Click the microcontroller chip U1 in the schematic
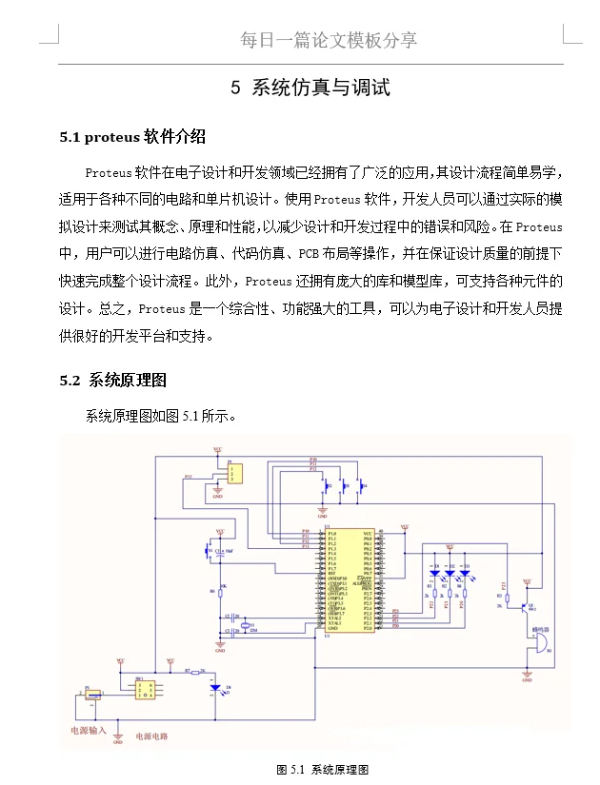348,580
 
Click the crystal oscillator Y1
242,624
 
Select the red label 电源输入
90,732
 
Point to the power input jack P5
92,697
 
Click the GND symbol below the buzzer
527,677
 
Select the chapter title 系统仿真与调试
321,88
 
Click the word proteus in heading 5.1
111,137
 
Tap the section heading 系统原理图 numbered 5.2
128,381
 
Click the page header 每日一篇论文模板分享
329,40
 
